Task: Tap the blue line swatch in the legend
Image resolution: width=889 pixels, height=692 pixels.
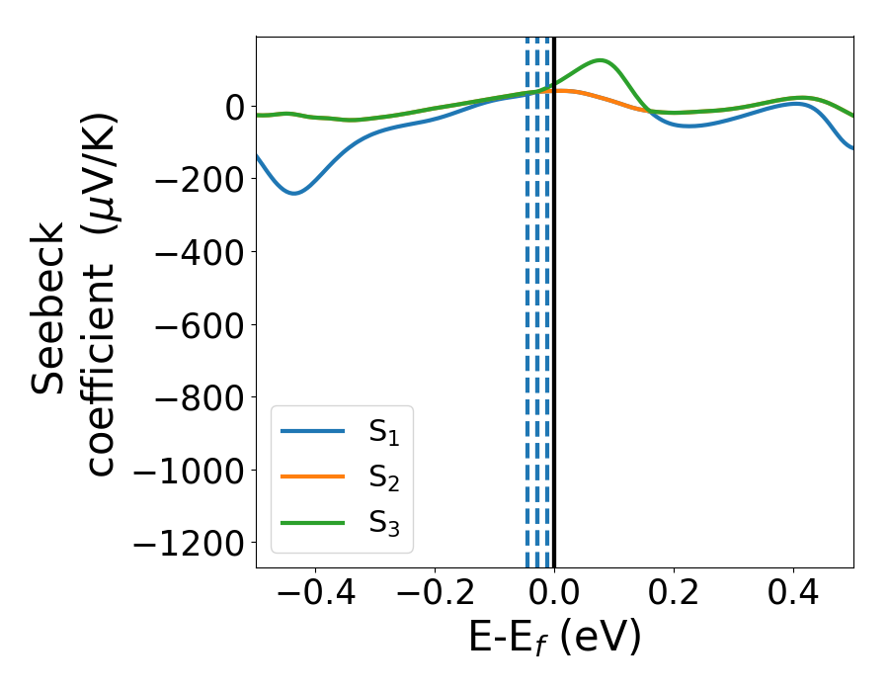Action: [313, 431]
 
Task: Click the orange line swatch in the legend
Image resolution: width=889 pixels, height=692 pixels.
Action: [313, 476]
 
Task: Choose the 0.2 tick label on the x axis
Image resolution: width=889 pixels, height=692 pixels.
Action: [674, 597]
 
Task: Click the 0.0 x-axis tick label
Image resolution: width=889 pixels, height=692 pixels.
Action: [554, 597]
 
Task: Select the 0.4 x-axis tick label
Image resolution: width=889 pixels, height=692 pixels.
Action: [793, 597]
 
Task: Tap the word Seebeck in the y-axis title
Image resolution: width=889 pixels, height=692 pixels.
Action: [49, 308]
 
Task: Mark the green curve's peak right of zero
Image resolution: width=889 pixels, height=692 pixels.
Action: [600, 60]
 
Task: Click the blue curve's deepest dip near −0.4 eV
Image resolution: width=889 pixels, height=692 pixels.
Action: [293, 193]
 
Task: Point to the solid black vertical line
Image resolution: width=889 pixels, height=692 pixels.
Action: [554, 297]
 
